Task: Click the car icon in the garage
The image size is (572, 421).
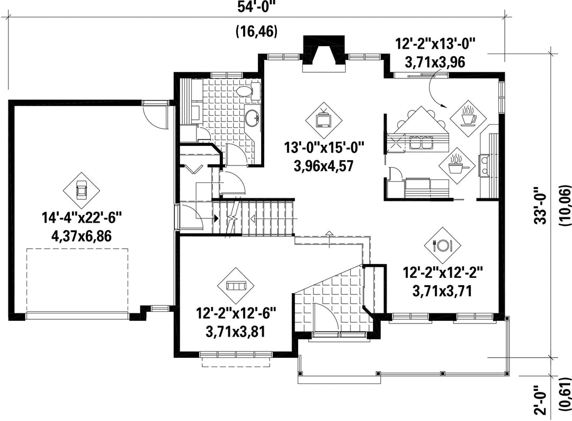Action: [81, 190]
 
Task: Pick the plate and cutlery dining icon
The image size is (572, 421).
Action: [442, 245]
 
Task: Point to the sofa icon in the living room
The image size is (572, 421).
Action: [236, 286]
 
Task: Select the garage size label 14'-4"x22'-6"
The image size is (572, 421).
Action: [82, 218]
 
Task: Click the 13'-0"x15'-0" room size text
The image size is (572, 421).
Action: [324, 148]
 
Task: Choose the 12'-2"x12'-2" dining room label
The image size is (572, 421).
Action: [442, 273]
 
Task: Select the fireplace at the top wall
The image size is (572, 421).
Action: [323, 54]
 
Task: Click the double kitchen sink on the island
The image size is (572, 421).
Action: [421, 143]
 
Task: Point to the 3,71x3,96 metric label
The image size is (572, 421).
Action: [435, 63]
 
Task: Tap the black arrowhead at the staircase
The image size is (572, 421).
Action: [216, 218]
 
